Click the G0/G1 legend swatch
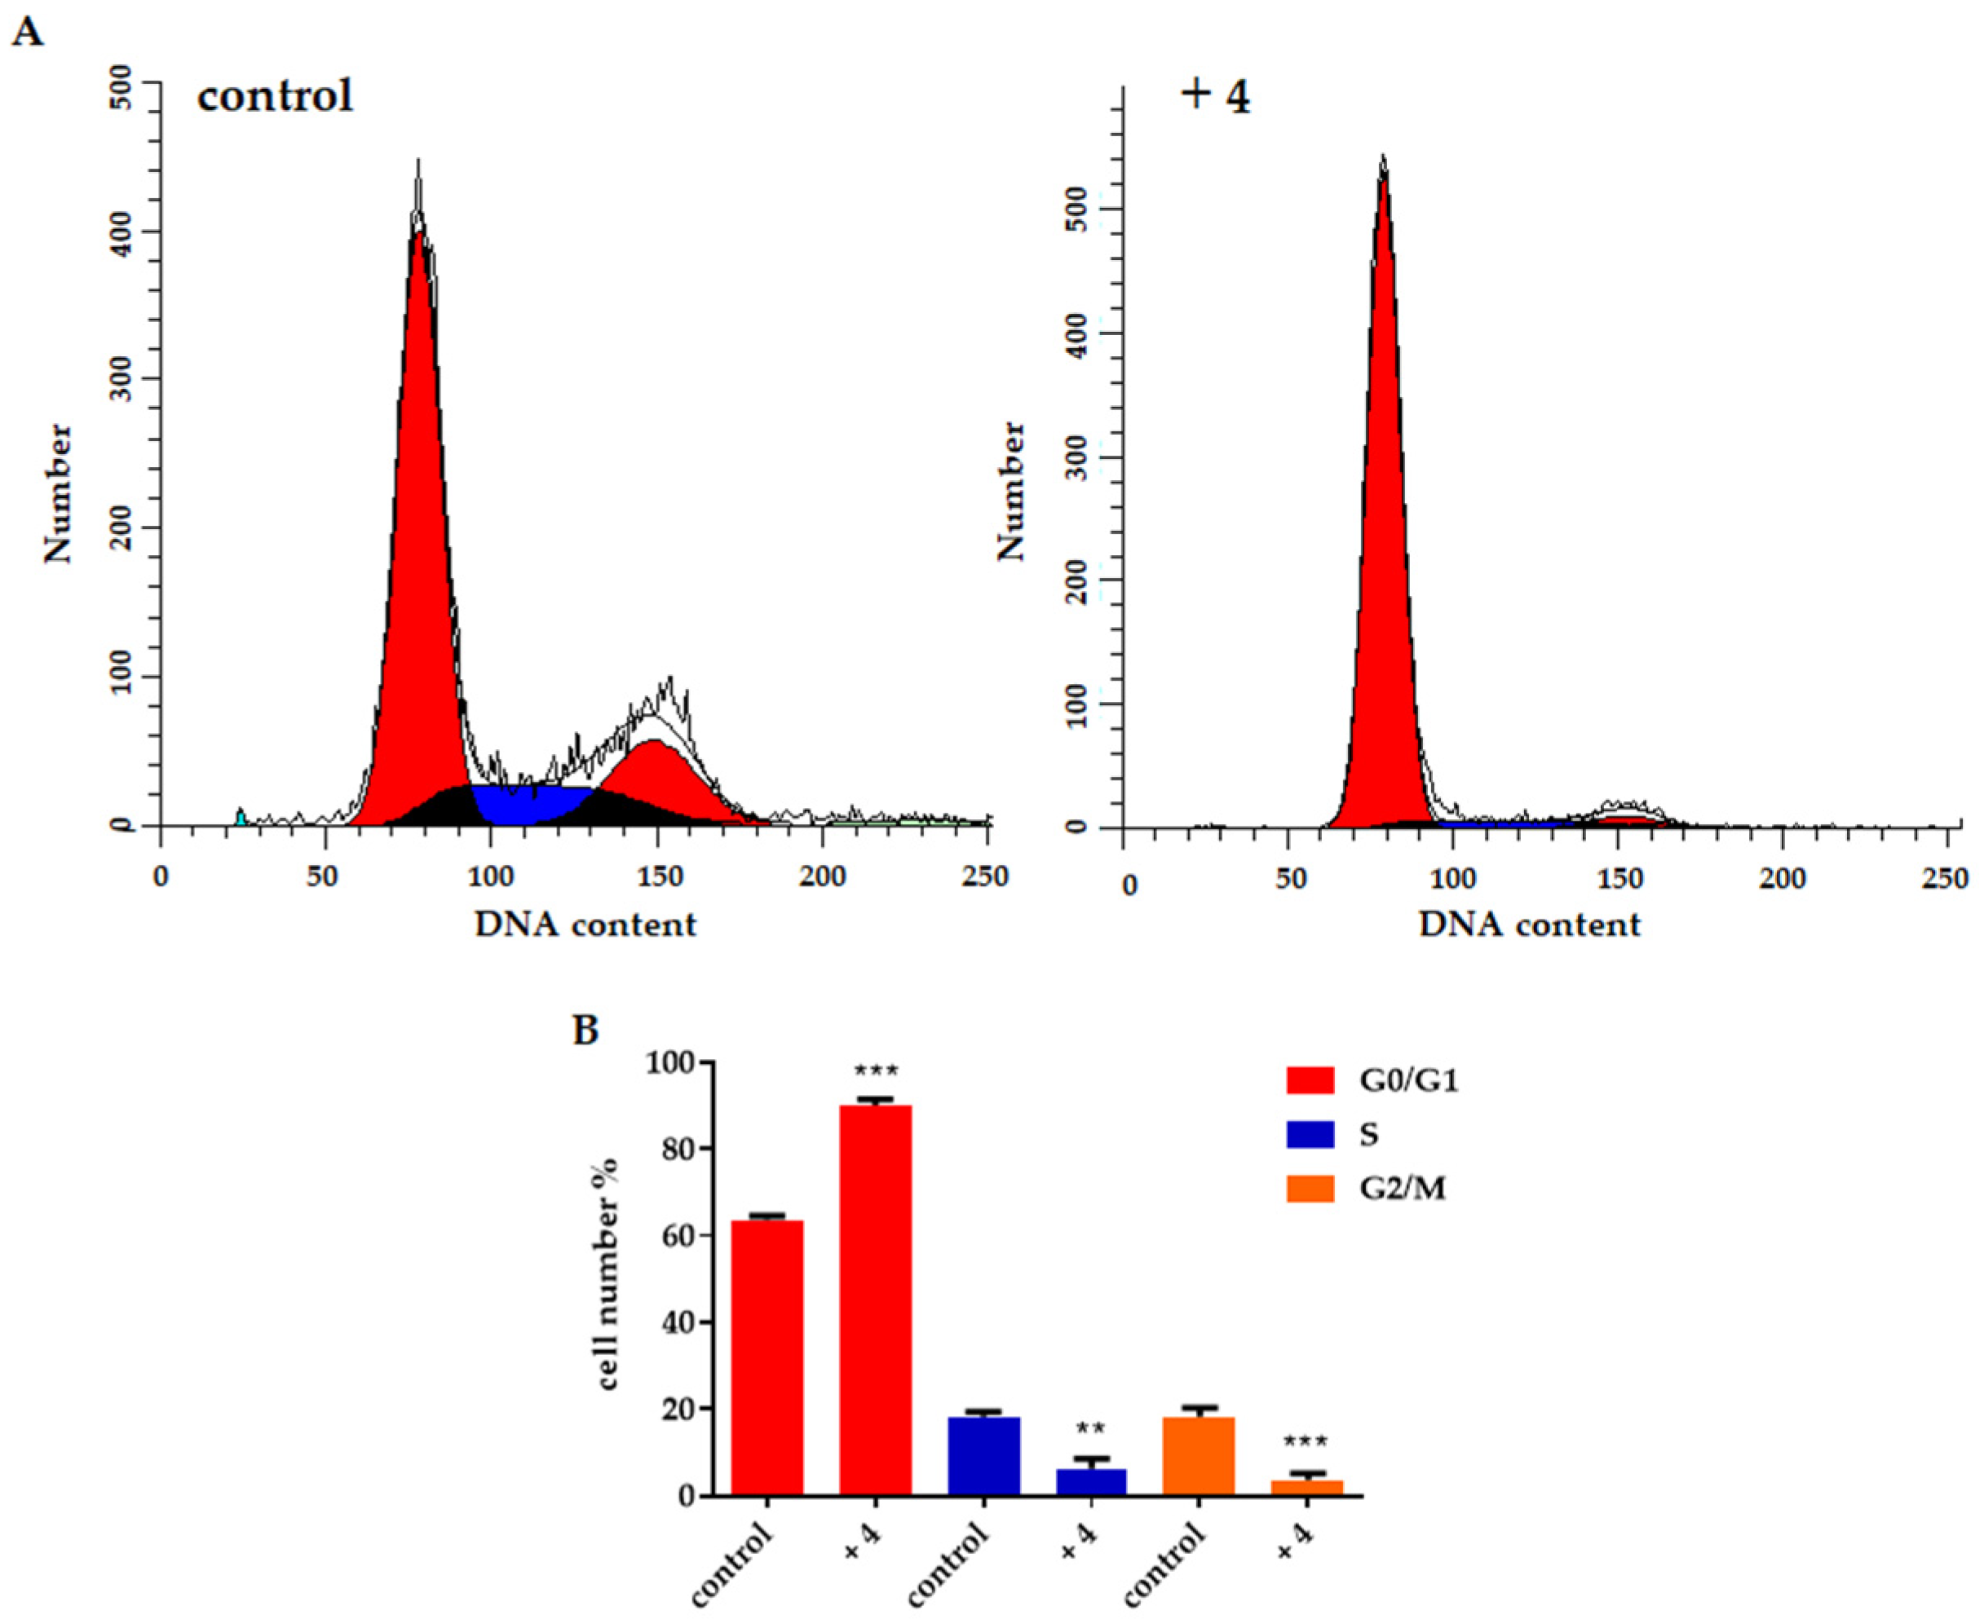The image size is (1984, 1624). coord(1310,1080)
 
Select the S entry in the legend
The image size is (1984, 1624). coord(1368,1135)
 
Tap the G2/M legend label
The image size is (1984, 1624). coord(1401,1189)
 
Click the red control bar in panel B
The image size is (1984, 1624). coord(767,1357)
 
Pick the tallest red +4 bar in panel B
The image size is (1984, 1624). coord(875,1300)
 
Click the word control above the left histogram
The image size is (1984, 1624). coord(275,95)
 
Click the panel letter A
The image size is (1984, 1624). coord(28,33)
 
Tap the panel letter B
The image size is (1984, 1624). coord(585,1030)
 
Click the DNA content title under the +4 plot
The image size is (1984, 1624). coord(1529,925)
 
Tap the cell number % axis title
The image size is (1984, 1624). coord(608,1274)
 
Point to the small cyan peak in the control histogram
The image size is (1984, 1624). coord(241,818)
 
